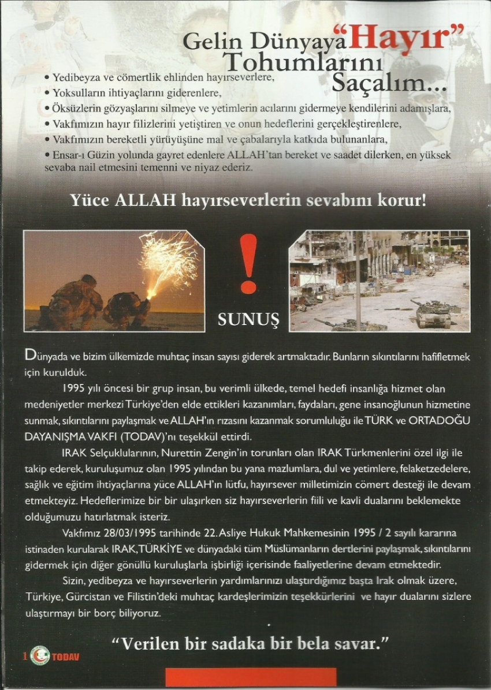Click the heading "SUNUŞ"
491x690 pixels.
coord(248,319)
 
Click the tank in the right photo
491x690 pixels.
coord(434,313)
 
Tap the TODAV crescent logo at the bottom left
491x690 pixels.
coord(39,656)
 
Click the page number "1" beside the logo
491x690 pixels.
coord(25,657)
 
